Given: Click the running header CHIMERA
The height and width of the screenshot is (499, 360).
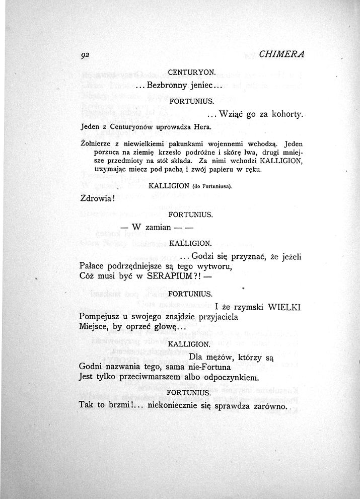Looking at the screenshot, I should click(283, 54).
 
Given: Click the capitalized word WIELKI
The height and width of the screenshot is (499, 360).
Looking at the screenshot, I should click(284, 306).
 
